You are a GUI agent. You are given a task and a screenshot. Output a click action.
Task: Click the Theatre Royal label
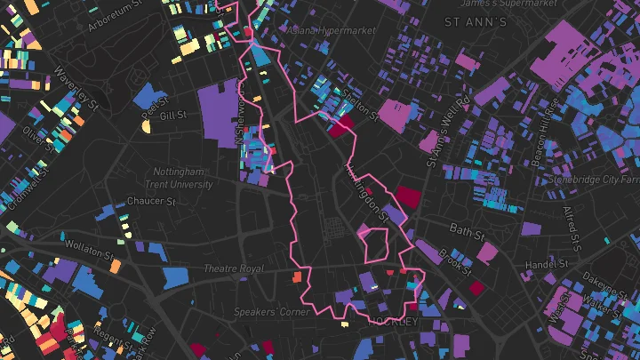[234, 268]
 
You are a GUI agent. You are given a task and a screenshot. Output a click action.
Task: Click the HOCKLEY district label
[393, 321]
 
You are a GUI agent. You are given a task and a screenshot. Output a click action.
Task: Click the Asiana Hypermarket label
[332, 30]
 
